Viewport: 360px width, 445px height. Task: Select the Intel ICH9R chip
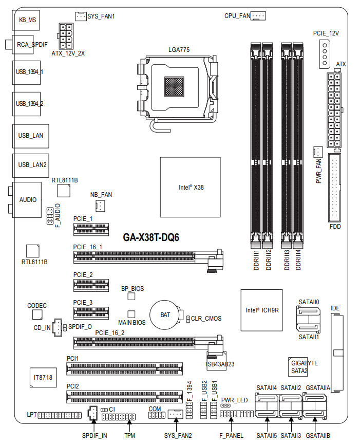tap(262, 310)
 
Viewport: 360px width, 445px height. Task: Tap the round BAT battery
tap(165, 313)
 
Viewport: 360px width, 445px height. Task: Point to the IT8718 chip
tap(43, 378)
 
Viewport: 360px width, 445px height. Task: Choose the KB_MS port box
tap(27, 21)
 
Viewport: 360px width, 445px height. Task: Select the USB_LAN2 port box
tap(30, 164)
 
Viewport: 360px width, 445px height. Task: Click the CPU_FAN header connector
tap(258, 16)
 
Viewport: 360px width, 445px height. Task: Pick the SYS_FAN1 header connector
tap(81, 16)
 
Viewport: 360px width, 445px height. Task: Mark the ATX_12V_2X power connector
tap(68, 36)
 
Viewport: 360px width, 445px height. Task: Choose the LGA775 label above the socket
tap(179, 50)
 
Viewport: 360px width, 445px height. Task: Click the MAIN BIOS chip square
tap(131, 313)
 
